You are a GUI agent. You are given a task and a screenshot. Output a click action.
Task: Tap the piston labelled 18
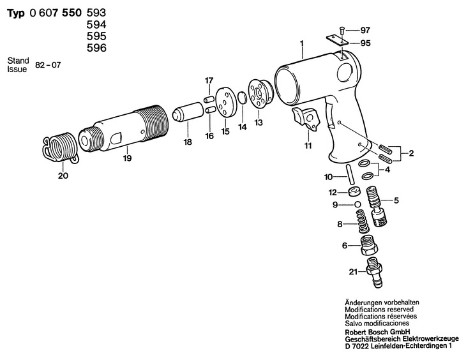click(x=181, y=114)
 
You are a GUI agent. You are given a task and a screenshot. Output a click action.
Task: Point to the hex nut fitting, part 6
click(x=370, y=243)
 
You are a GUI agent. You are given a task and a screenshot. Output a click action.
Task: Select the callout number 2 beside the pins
click(x=412, y=153)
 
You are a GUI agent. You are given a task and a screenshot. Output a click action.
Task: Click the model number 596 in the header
click(x=96, y=48)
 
